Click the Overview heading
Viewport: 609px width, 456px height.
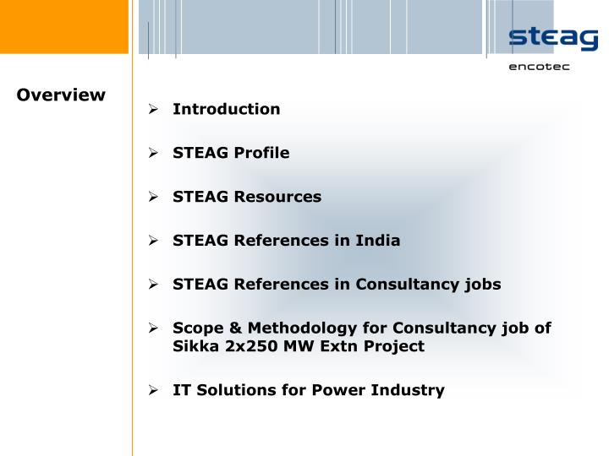pos(61,95)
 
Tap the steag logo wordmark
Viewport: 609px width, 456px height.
pos(552,39)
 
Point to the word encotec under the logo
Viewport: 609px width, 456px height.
pos(539,67)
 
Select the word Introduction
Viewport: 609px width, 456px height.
pos(226,109)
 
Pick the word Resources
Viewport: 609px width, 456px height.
pos(277,197)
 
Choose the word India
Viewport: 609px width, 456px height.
pos(377,241)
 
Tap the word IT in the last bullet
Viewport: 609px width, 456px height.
pos(181,390)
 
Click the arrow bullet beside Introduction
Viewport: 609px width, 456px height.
pos(153,109)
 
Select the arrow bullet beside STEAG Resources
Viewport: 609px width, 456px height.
pos(153,197)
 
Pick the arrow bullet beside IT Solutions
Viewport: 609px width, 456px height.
pos(153,390)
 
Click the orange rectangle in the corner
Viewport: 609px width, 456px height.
pos(64,26)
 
